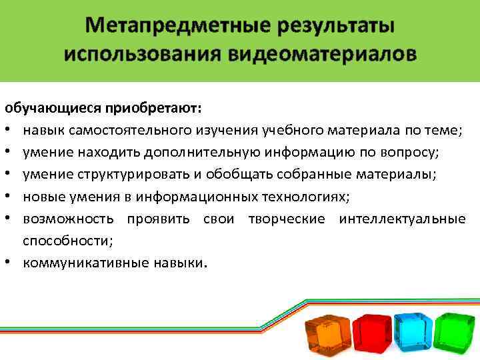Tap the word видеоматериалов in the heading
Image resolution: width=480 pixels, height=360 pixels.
(328, 54)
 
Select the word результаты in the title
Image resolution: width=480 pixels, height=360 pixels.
(330, 26)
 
